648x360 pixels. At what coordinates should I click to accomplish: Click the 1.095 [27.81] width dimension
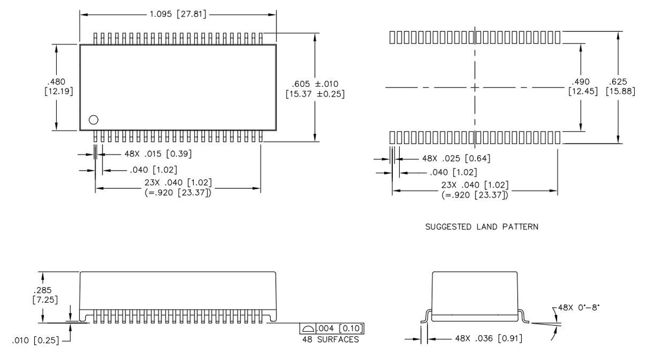178,14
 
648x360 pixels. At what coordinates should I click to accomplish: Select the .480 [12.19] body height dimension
58,86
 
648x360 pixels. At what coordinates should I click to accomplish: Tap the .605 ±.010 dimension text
315,84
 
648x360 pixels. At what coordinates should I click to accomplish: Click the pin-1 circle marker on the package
93,120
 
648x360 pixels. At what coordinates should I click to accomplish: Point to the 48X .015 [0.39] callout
158,154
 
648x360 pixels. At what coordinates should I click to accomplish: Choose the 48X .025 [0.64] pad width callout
456,159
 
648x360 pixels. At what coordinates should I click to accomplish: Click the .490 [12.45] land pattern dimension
583,86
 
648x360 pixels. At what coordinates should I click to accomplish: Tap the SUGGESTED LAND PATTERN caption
482,227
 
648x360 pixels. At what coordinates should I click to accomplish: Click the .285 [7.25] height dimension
45,295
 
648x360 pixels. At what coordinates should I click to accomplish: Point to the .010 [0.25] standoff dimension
35,340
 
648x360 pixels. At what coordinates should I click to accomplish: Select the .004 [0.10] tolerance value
340,329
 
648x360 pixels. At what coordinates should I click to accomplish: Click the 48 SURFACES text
330,339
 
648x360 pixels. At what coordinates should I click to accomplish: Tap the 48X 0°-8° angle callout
578,308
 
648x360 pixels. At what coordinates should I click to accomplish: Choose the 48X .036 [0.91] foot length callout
488,339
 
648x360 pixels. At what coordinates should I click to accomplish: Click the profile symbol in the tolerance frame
308,329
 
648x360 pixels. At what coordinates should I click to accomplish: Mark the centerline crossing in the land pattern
475,87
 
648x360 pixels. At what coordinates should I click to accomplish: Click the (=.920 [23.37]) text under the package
178,193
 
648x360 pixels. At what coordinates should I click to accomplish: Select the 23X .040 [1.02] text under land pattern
475,185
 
